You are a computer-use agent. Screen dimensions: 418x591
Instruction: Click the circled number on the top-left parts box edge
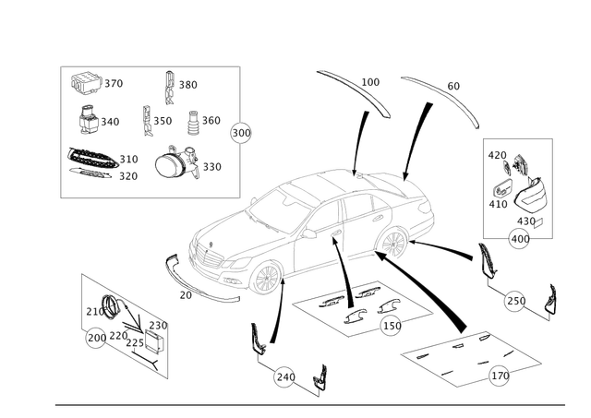point(243,132)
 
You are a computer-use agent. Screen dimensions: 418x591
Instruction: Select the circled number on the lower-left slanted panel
point(93,343)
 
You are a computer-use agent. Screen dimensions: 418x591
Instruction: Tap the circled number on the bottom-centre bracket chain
point(286,375)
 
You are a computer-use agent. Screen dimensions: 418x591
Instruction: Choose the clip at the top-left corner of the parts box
point(89,83)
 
